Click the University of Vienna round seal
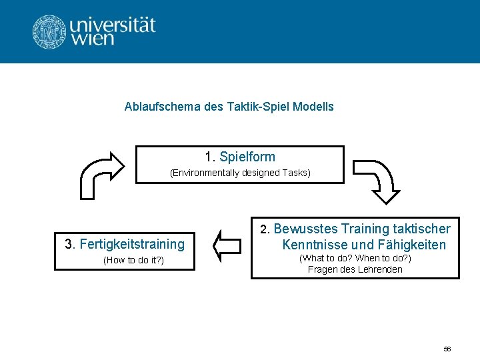tap(50, 31)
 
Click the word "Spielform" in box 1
tap(247, 157)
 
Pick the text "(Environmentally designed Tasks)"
tap(240, 173)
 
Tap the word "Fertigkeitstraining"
tap(132, 244)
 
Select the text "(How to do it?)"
tap(133, 260)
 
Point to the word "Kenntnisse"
tap(313, 245)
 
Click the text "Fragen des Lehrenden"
tap(355, 269)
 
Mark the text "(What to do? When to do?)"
tap(355, 258)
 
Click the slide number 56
tap(447, 349)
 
